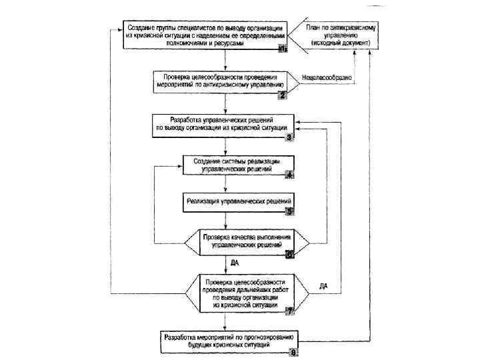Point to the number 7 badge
click(289, 310)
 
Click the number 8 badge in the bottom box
click(294, 353)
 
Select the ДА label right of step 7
click(324, 286)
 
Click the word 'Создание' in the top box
click(143, 27)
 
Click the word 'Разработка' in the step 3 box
click(186, 119)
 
